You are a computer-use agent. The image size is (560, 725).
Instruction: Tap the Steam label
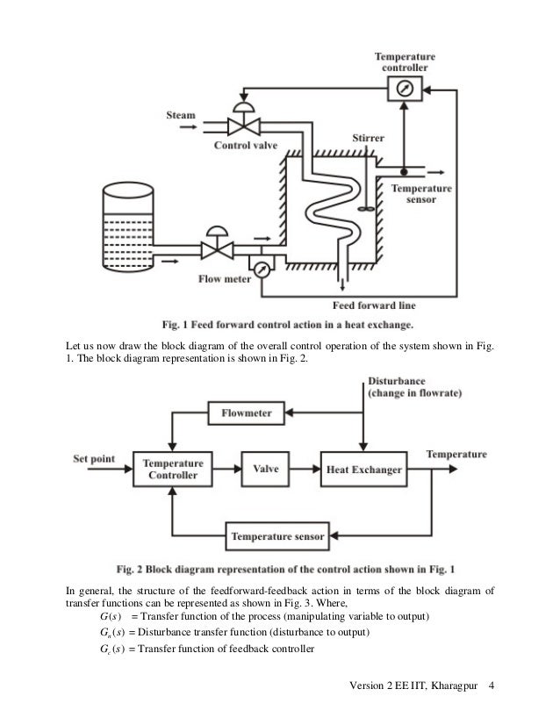(183, 114)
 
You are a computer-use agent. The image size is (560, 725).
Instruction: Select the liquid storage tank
(136, 215)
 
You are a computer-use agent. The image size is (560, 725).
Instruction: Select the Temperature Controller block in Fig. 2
(174, 470)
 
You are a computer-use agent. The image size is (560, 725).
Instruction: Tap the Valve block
(266, 470)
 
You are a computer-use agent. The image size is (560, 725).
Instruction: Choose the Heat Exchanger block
(363, 470)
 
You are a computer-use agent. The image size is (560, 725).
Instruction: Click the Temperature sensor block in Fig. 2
(276, 535)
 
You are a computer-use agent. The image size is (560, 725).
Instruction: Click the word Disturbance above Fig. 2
(395, 382)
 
